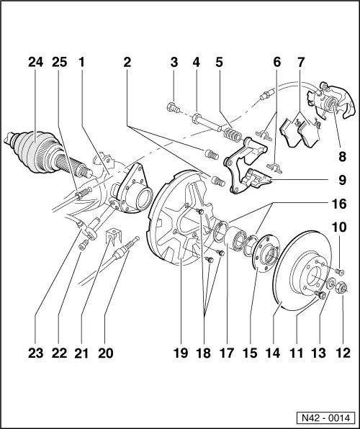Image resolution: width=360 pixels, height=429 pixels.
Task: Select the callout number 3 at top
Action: [174, 63]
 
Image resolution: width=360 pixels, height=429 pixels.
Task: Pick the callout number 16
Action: [338, 204]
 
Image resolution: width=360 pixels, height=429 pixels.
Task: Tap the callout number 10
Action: [338, 248]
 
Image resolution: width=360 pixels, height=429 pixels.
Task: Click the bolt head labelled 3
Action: [171, 109]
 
